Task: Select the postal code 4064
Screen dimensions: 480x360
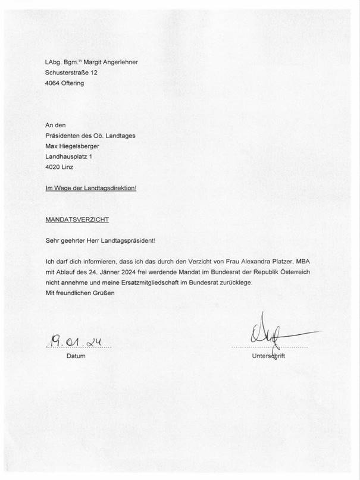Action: [x=54, y=83]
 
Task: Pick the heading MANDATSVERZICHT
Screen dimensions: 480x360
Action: [x=77, y=219]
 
